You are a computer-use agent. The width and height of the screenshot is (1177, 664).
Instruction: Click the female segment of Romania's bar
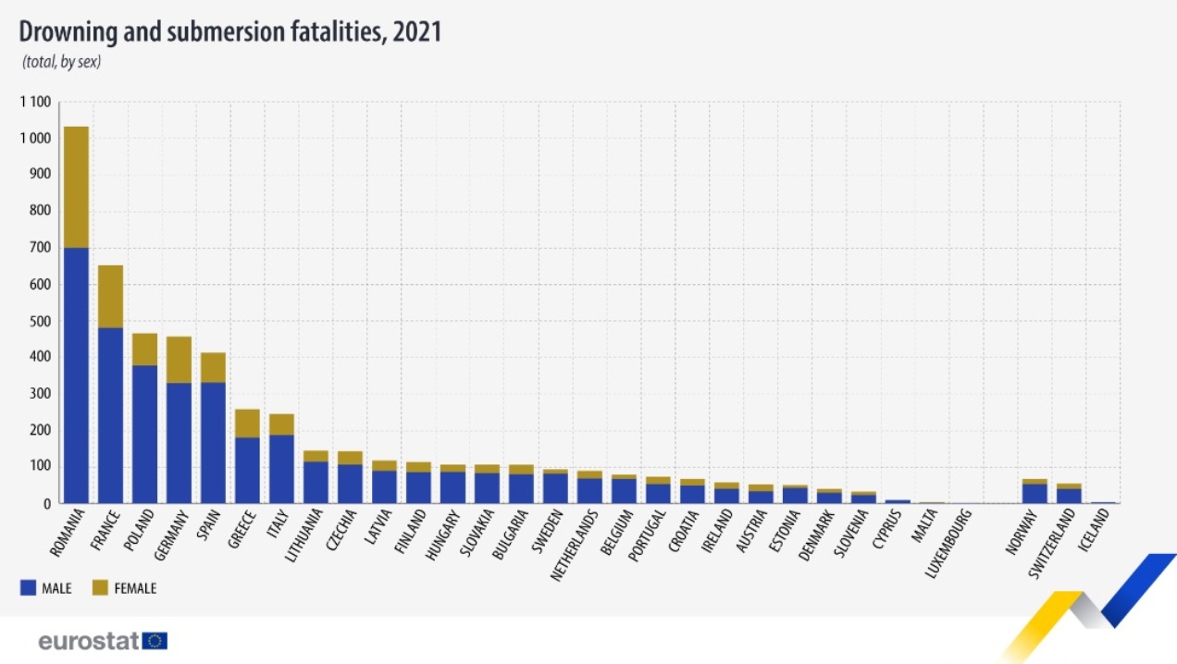tap(76, 187)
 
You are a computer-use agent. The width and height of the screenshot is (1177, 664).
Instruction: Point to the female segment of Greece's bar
tap(247, 423)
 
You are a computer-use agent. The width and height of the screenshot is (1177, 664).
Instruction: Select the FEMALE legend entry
tap(124, 588)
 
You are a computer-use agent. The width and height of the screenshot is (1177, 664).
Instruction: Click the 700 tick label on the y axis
tap(40, 248)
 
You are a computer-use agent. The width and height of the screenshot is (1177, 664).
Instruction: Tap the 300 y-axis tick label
tap(40, 394)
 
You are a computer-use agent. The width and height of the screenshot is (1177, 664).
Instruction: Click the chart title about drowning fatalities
tap(230, 31)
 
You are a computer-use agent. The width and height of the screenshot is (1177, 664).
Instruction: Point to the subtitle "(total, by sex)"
tap(61, 63)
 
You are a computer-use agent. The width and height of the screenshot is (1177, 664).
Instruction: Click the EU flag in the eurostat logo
tap(155, 640)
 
